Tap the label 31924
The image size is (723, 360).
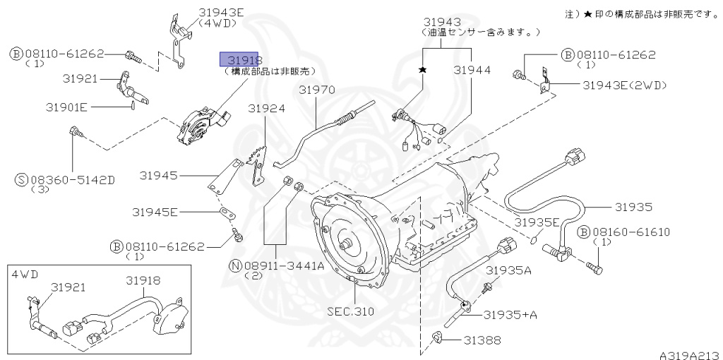[267, 109]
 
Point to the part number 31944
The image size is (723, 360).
[472, 71]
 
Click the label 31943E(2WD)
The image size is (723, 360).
[624, 85]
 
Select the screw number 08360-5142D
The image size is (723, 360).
[71, 180]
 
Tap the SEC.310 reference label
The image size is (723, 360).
[351, 311]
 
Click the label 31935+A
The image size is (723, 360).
[510, 314]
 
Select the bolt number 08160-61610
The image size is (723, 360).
[631, 232]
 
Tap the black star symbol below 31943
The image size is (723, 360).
[423, 70]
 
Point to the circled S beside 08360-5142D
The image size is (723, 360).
[21, 180]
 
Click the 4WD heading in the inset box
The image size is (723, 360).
[23, 272]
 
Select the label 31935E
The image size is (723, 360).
[537, 222]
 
